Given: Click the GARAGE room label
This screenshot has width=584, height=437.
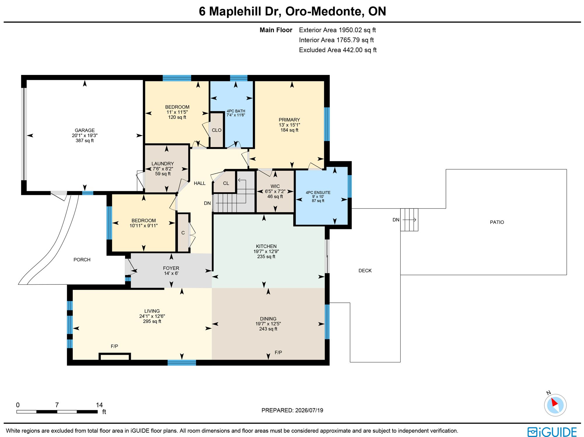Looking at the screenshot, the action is (85, 130).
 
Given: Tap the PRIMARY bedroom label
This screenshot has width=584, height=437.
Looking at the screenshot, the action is (289, 120).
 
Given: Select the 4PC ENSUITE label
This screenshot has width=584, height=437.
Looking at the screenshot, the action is (318, 193).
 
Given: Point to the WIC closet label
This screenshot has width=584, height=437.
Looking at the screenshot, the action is (275, 186).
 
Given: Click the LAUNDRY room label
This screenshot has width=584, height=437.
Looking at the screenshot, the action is (163, 164).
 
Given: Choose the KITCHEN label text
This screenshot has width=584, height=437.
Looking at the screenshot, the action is (266, 247).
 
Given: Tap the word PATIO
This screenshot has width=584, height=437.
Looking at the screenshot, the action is (497, 222).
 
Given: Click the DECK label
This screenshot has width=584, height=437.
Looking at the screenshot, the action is (365, 271).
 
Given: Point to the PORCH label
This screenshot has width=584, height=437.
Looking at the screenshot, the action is (82, 260).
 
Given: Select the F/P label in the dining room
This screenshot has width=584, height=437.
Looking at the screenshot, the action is (278, 352).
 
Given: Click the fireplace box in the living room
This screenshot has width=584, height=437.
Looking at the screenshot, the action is (115, 356).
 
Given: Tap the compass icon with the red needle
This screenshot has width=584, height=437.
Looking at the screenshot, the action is (555, 405).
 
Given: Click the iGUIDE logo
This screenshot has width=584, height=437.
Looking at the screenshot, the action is (552, 432).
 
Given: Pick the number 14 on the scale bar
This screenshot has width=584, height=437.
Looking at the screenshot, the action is (99, 405).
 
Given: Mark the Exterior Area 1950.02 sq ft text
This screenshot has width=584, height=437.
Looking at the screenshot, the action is (337, 30).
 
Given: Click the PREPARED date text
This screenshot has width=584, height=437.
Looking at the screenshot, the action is (292, 410).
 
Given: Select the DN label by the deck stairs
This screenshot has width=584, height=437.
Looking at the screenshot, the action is (396, 220).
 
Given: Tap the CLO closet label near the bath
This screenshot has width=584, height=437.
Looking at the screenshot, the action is (217, 130).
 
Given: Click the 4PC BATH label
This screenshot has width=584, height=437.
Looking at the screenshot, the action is (236, 111).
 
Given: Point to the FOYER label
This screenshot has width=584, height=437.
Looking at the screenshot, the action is (171, 268).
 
